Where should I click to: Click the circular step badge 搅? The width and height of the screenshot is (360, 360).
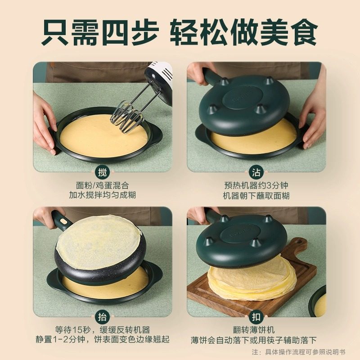[x=102, y=171]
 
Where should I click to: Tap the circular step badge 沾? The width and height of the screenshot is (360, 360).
[x=256, y=171]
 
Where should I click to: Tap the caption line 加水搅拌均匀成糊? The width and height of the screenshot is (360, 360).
[x=103, y=195]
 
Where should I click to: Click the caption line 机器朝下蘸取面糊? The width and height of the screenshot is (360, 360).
[x=256, y=195]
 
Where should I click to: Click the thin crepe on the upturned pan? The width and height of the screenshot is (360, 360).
[x=99, y=241]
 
